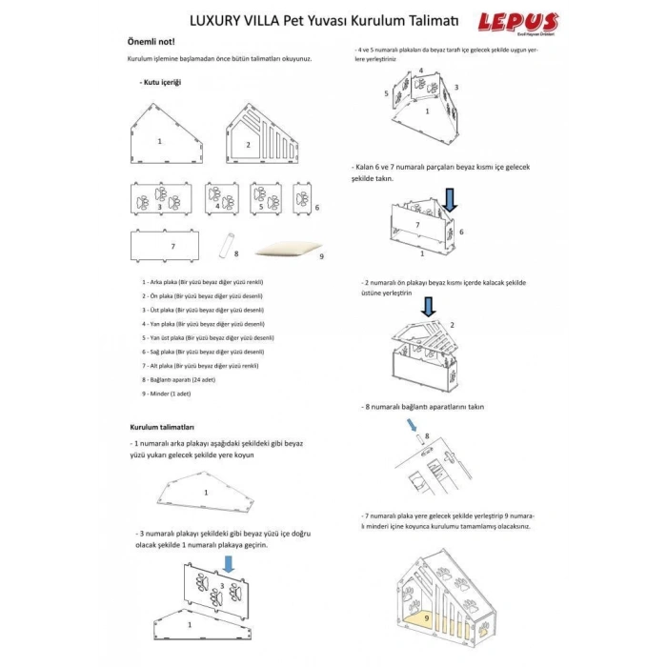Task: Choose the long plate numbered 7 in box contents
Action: point(172,246)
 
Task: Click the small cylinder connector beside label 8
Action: point(228,245)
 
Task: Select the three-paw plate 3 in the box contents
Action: point(159,200)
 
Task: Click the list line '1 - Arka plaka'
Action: point(201,283)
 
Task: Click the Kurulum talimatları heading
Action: point(168,427)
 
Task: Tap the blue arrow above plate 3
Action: point(228,564)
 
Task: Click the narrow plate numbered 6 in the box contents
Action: point(303,200)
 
